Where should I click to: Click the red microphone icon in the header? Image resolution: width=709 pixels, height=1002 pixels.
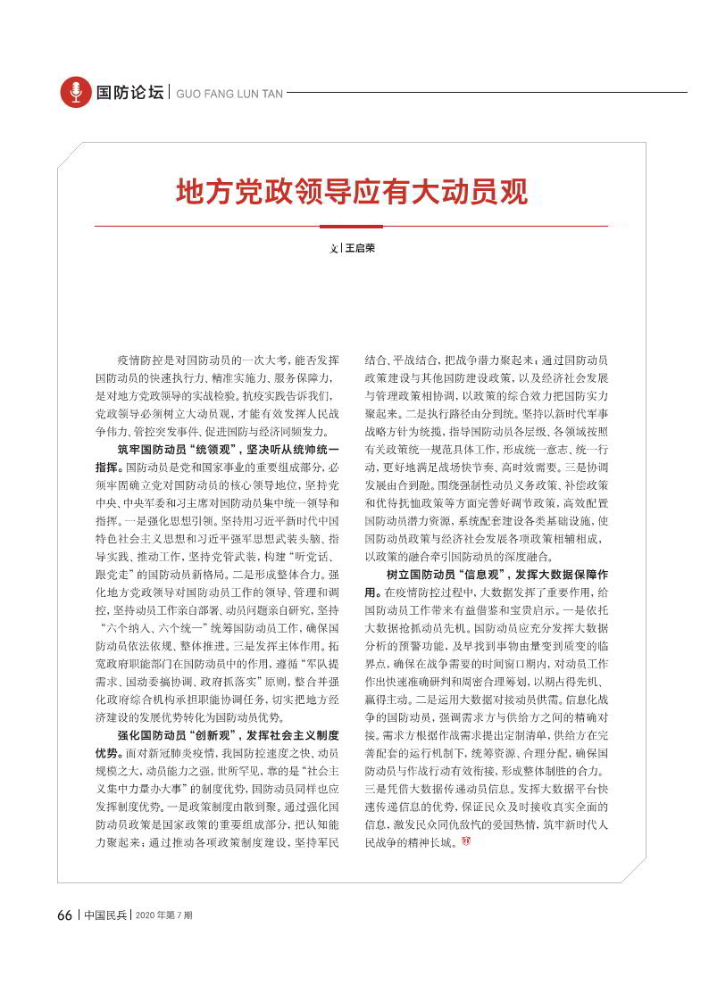[76, 92]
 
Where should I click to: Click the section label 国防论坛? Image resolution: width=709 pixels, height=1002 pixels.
[130, 92]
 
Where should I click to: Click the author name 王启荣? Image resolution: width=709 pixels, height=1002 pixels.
[360, 248]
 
